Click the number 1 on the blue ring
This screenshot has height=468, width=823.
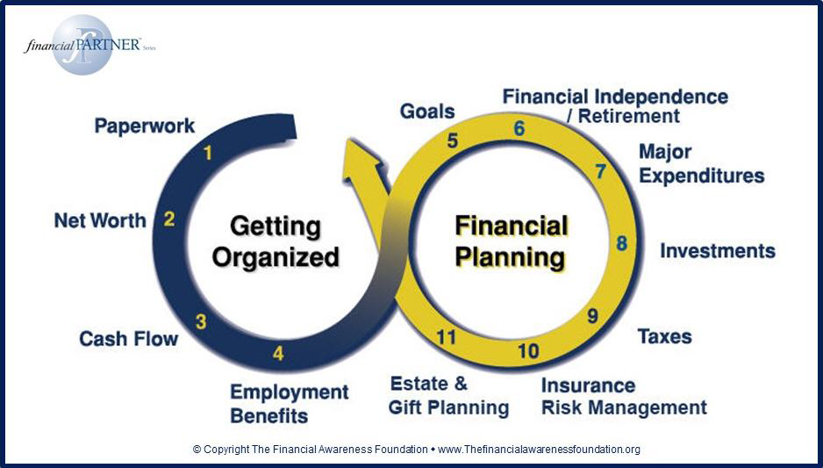click(208, 154)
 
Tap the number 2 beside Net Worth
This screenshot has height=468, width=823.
click(169, 219)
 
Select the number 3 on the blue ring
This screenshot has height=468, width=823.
click(201, 321)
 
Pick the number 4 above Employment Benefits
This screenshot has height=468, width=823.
click(278, 354)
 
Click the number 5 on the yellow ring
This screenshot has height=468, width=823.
click(453, 140)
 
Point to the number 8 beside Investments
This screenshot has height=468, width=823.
click(621, 243)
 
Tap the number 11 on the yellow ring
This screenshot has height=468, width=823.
click(447, 336)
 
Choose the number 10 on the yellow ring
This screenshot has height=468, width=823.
click(527, 351)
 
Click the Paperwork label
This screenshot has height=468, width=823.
click(145, 126)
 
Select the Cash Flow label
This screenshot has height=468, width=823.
click(128, 338)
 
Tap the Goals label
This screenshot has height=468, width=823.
click(427, 112)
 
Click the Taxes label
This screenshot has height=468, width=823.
click(664, 336)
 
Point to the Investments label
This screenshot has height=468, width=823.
click(718, 251)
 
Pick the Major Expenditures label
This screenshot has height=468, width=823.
click(701, 163)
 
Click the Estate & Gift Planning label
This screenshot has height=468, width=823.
click(449, 396)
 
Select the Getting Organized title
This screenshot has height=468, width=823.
click(276, 241)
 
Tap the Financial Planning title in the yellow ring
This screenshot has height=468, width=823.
click(510, 242)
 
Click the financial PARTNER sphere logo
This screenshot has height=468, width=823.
click(82, 45)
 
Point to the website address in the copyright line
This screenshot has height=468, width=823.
click(539, 450)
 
